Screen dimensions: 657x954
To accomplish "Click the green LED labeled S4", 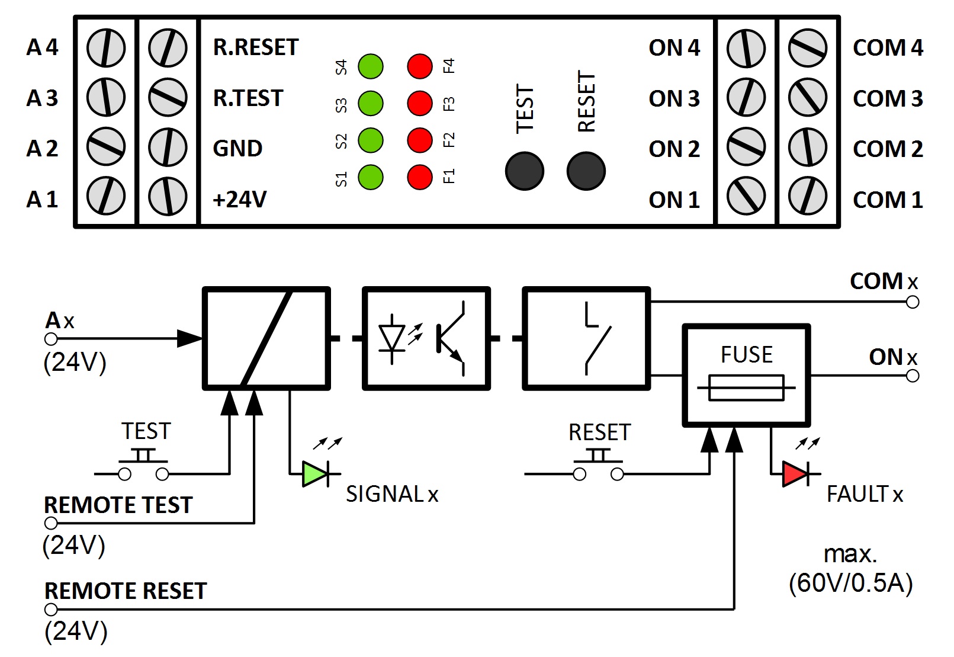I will click(371, 66).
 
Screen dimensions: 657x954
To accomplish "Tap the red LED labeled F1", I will click(420, 177).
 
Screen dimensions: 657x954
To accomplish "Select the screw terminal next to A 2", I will click(106, 147).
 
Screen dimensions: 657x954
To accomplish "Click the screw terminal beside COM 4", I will click(808, 48).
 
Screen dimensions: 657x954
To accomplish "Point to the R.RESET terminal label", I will click(256, 47).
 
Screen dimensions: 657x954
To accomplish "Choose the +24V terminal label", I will click(240, 200).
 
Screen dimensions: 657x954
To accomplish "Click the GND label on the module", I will click(237, 148).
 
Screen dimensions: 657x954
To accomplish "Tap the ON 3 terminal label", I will click(674, 98).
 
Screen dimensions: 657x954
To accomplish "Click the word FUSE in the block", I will click(746, 355).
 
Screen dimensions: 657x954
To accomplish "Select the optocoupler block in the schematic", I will click(426, 338).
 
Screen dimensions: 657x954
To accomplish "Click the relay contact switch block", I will click(586, 338).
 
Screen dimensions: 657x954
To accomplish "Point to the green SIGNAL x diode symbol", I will click(314, 474).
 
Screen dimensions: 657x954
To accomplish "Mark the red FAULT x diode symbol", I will click(795, 474).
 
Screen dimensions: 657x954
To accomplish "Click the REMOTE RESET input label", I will click(126, 591).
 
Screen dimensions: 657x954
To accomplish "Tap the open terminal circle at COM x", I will click(913, 302).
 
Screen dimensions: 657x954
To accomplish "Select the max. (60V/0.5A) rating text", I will click(850, 569).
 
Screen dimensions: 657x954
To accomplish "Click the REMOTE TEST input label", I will click(118, 505).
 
